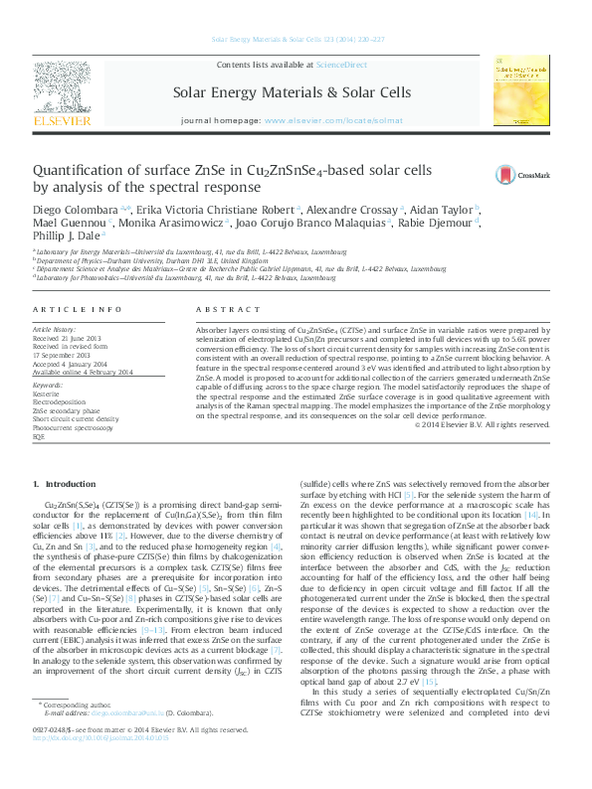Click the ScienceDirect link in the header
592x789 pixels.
click(x=340, y=65)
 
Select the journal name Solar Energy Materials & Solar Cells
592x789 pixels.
click(x=292, y=92)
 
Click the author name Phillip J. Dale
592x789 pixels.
click(x=65, y=237)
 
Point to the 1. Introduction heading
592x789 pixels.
click(x=65, y=484)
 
